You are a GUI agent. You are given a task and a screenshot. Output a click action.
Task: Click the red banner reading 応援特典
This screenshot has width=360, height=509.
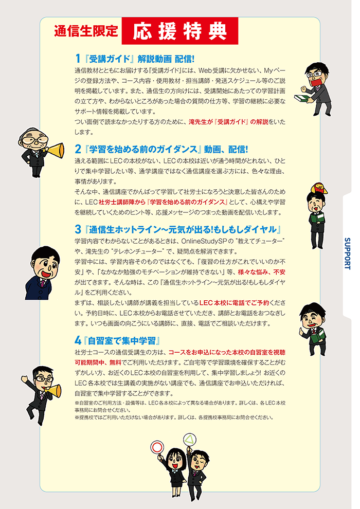click(x=180, y=31)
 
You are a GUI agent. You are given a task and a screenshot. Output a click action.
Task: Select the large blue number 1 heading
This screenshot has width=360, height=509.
click(x=78, y=59)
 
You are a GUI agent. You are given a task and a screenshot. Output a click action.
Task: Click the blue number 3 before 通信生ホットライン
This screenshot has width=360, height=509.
click(x=78, y=228)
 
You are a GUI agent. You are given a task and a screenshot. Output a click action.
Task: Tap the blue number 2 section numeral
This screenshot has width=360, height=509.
click(x=78, y=149)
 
